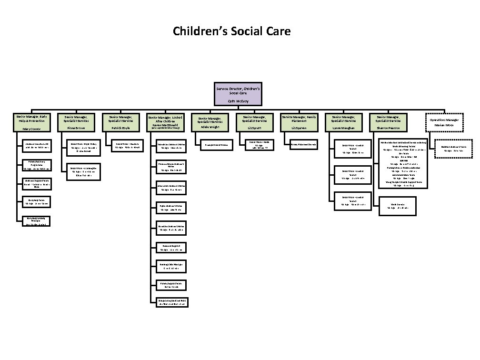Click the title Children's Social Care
click(x=231, y=31)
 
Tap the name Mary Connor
click(x=32, y=129)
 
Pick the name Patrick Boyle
click(x=120, y=128)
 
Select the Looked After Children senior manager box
click(x=164, y=122)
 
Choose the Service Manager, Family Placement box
click(x=299, y=122)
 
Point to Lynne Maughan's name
click(x=343, y=128)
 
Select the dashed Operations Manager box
click(x=444, y=122)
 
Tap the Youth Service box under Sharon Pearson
click(x=398, y=205)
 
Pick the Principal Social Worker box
click(x=216, y=144)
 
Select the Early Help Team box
click(x=37, y=201)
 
